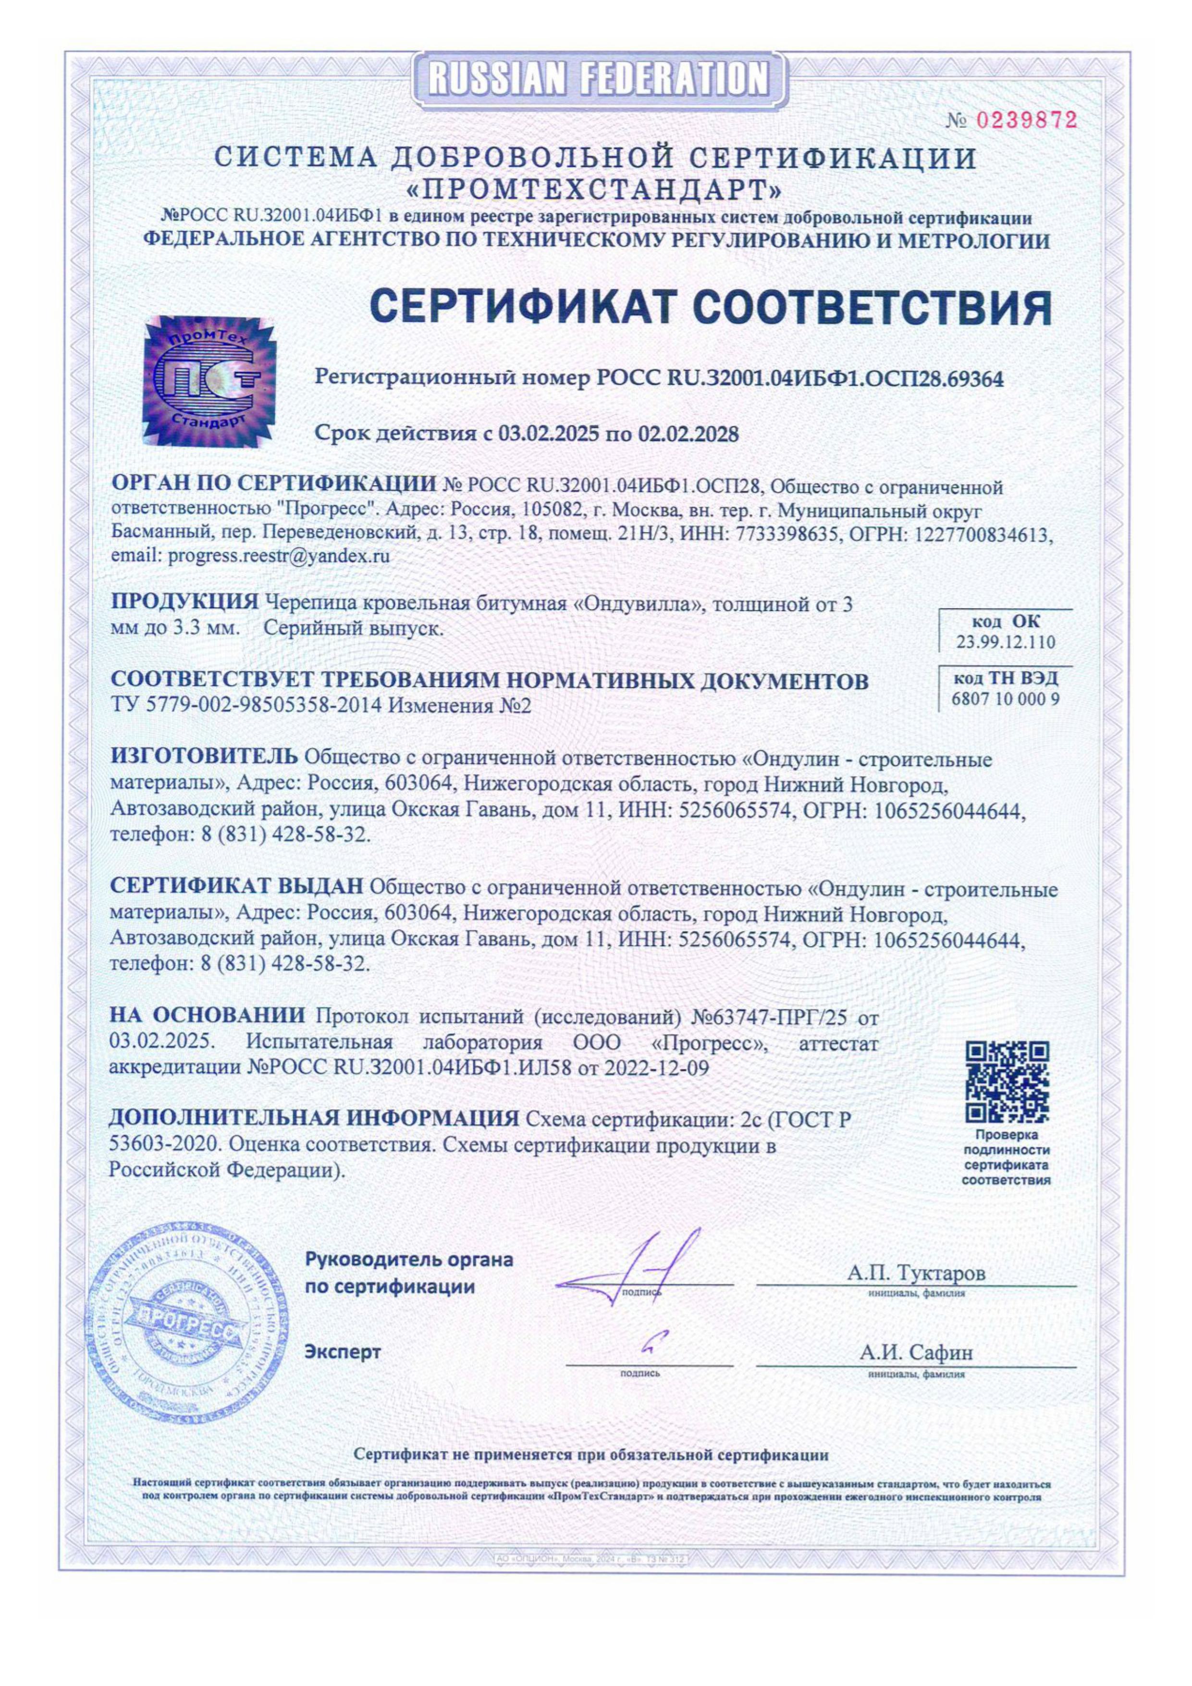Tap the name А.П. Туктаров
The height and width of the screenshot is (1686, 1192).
coord(916,1272)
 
